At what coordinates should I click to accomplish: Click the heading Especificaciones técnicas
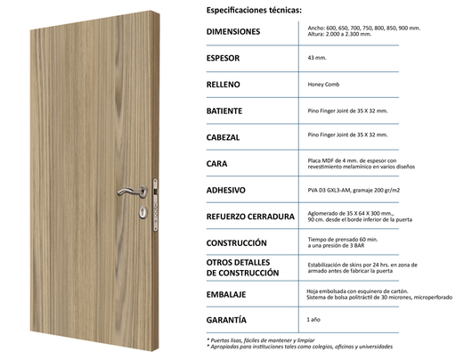coord(254,11)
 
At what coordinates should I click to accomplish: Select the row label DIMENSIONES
coord(234,31)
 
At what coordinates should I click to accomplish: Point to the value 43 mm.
coord(316,57)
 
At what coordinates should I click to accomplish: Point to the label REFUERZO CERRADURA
coord(250,217)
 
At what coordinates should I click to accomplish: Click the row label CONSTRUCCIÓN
coord(236,242)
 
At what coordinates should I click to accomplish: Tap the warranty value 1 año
coord(314,319)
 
